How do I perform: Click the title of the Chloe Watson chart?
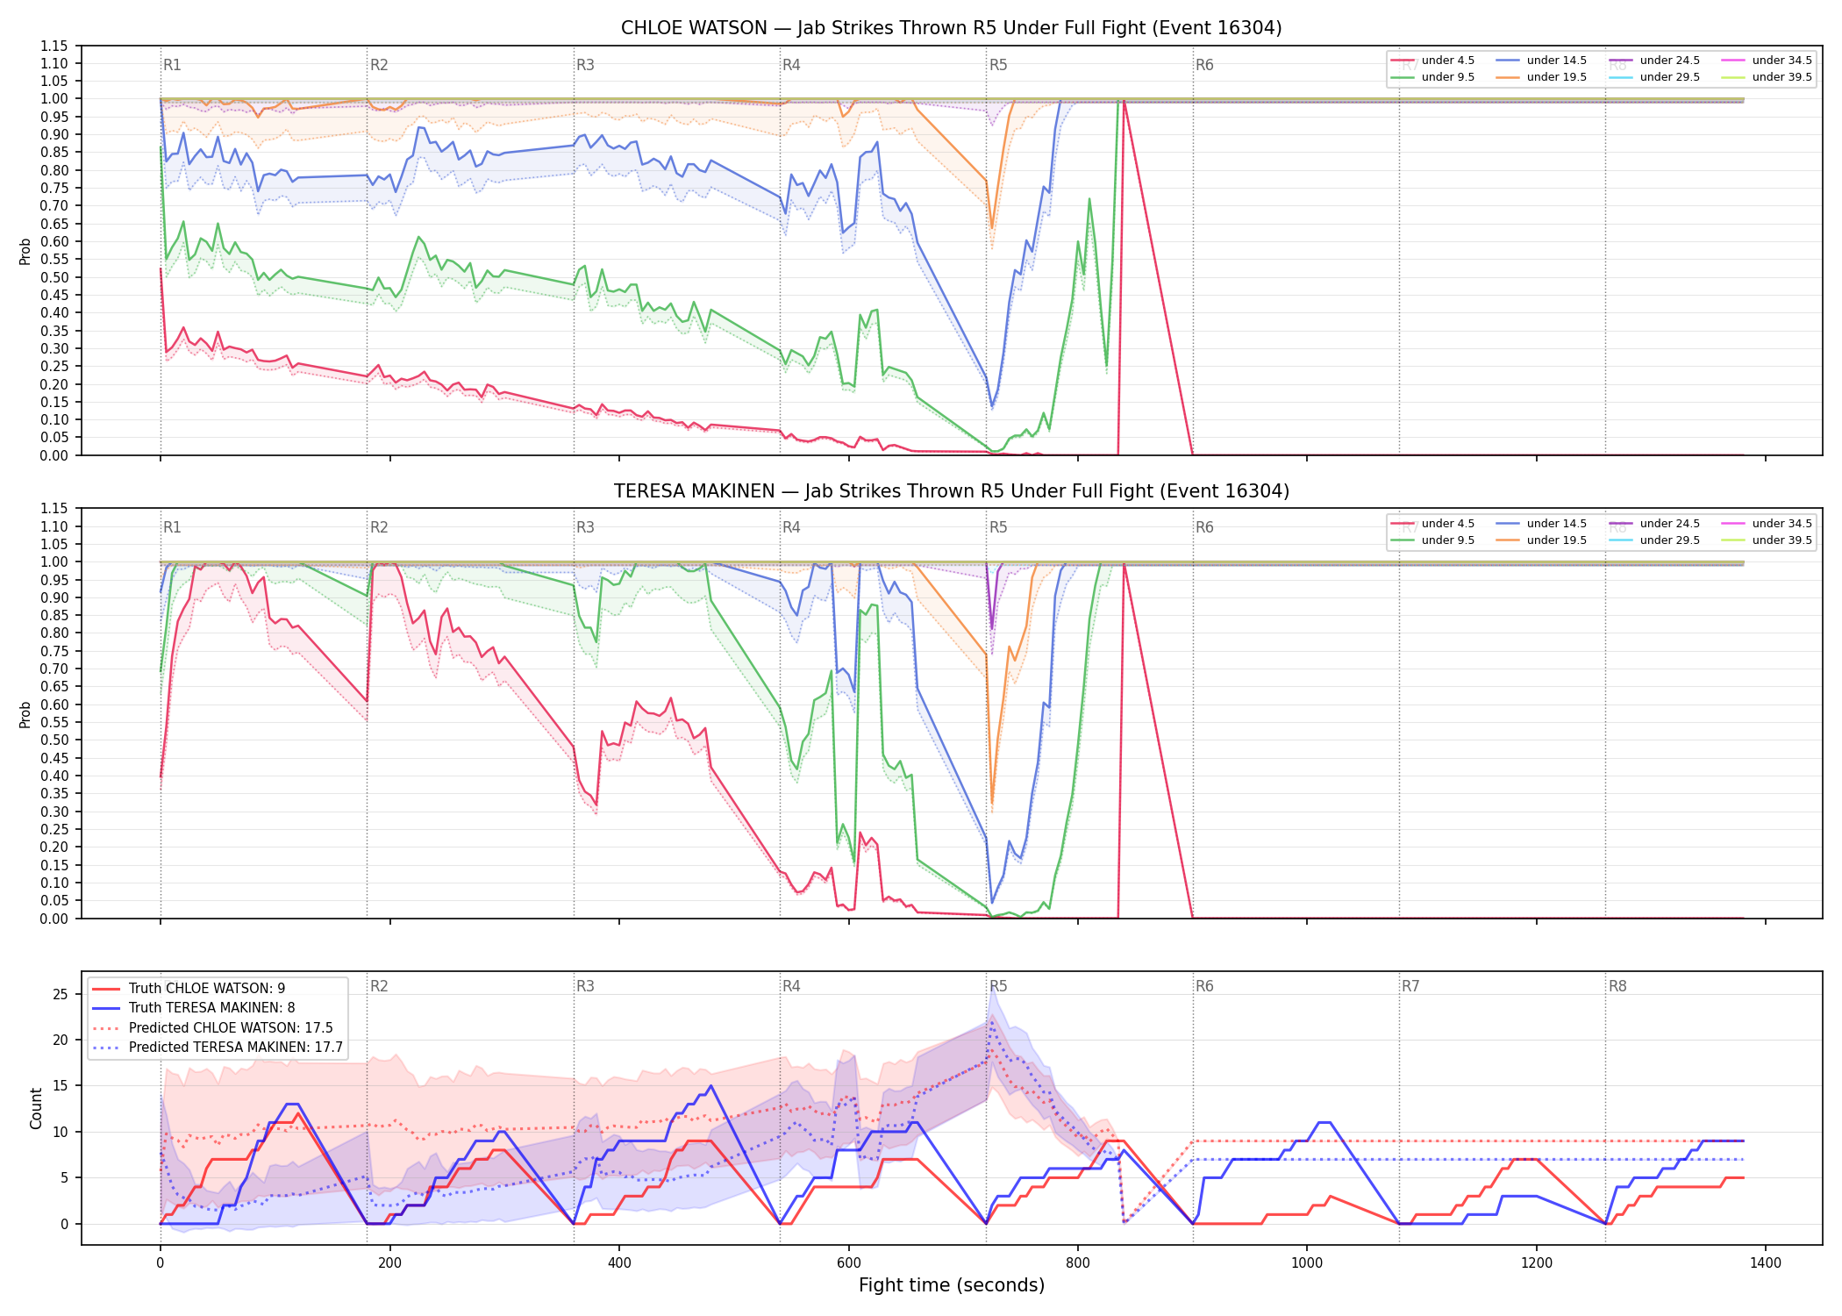(951, 28)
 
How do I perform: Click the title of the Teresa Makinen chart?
(951, 491)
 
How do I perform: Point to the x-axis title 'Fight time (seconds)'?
(952, 1285)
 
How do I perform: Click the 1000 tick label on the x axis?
(1307, 1263)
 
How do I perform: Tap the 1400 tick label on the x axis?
(1766, 1263)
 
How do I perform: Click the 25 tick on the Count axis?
(61, 994)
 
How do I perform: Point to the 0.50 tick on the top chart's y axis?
(54, 277)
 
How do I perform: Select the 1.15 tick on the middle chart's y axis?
(54, 509)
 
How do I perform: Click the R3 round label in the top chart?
(585, 65)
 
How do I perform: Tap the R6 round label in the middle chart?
(1204, 527)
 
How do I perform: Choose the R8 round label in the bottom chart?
(1617, 986)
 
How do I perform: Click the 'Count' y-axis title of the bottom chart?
(36, 1108)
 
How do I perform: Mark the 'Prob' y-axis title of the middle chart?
(25, 714)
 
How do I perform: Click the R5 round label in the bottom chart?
(998, 986)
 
